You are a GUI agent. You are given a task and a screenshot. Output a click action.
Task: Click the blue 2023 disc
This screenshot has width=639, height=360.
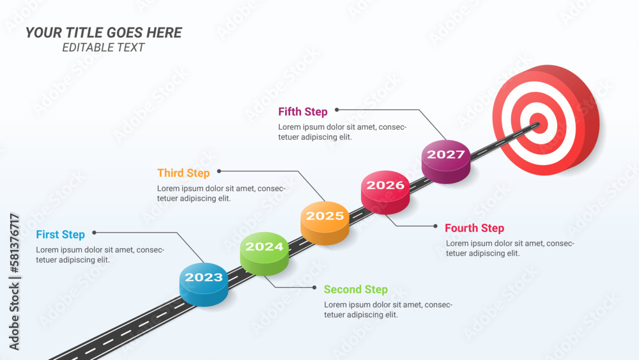204,281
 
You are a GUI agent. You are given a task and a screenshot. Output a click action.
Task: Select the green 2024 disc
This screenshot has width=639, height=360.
264,251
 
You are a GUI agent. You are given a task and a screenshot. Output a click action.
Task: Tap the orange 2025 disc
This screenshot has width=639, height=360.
325,220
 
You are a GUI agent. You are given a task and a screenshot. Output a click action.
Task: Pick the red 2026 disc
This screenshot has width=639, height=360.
385,189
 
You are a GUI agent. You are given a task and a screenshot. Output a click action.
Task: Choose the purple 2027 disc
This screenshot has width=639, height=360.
446,159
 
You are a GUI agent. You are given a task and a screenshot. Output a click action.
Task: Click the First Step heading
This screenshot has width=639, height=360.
60,235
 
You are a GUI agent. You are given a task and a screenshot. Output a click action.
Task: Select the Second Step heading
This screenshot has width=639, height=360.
355,290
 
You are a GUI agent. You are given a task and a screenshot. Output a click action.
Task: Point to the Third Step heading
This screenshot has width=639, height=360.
183,173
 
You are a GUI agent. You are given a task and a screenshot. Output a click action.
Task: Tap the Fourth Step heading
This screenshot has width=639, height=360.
474,228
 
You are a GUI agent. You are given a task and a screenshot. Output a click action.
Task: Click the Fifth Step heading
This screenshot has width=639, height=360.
303,112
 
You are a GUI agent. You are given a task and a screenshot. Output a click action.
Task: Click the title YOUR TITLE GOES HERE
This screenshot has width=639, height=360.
104,33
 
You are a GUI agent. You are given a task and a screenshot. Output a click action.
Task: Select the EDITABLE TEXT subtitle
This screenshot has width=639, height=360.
104,47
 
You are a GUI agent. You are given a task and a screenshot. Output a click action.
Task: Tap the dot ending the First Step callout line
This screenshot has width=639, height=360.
94,233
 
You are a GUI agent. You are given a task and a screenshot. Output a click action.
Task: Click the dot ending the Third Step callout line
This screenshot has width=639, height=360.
219,171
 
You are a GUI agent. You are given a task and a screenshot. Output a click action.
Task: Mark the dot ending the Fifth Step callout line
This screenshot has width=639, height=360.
337,110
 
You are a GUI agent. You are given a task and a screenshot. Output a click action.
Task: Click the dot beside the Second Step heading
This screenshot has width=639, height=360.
315,287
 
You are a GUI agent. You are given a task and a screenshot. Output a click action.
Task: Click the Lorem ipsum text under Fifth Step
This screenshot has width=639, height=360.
342,132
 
